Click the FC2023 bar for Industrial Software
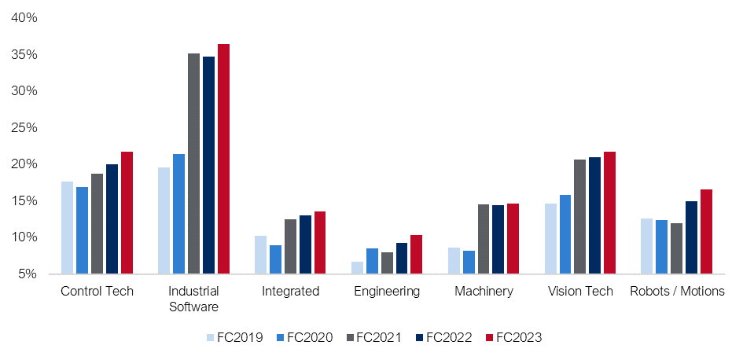click(223, 159)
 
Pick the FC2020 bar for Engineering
click(373, 261)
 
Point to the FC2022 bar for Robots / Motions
click(691, 237)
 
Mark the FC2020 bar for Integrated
click(275, 259)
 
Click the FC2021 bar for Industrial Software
click(193, 163)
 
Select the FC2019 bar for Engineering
click(357, 267)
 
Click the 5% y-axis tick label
click(29, 274)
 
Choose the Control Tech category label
click(97, 292)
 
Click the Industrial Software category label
click(193, 299)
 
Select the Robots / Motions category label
click(677, 292)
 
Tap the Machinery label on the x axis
click(484, 292)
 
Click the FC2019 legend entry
click(234, 338)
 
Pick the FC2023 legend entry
click(514, 338)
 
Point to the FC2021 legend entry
click(373, 338)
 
